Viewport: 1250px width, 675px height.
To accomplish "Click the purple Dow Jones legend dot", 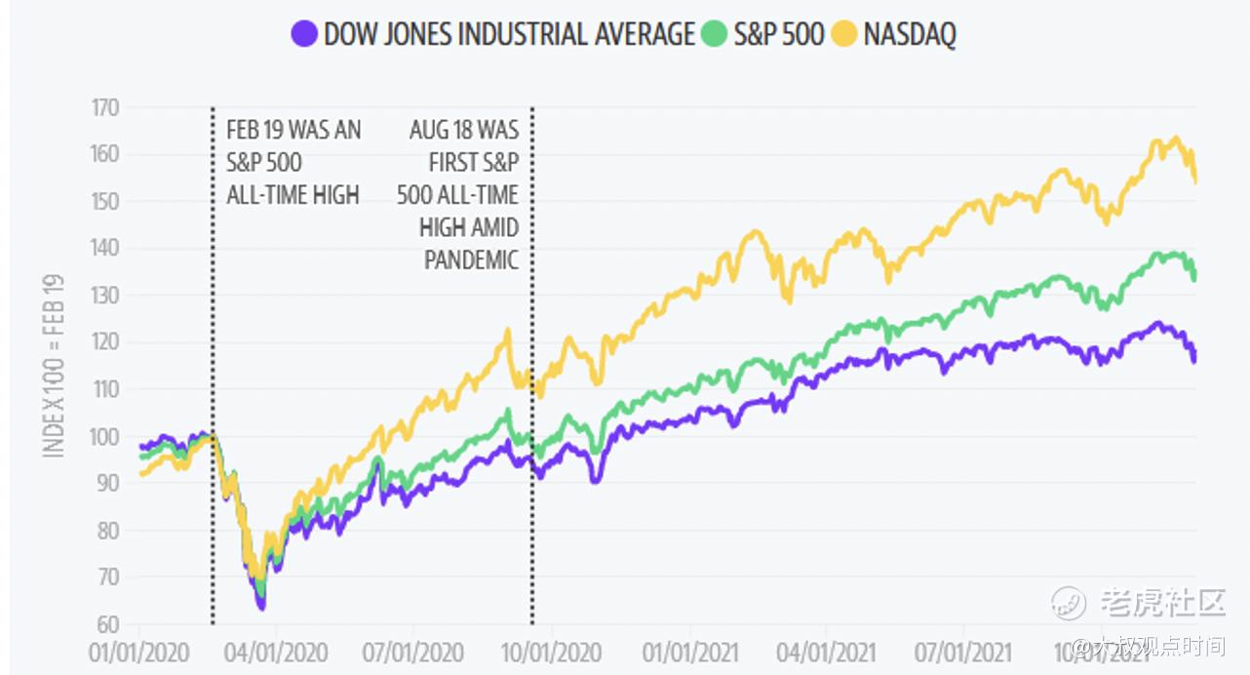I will point(305,34).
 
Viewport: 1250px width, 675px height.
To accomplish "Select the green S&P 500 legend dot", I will point(715,34).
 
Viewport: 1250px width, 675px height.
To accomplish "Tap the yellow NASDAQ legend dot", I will point(844,34).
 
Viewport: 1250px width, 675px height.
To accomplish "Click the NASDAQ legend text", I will point(910,34).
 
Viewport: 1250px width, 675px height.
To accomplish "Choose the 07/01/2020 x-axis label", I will point(412,652).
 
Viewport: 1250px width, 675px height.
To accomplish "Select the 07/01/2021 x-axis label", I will point(962,652).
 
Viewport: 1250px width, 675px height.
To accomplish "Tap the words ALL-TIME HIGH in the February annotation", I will point(293,195).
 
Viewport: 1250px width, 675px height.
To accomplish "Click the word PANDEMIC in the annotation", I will point(471,260).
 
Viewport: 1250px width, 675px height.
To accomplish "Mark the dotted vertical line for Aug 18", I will point(532,439).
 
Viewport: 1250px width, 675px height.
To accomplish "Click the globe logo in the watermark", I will point(1069,603).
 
